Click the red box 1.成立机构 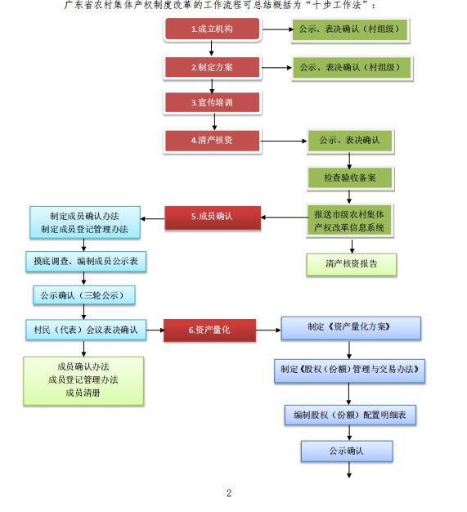pyautogui.click(x=213, y=29)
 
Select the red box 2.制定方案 pyautogui.click(x=213, y=67)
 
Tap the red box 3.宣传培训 pyautogui.click(x=213, y=102)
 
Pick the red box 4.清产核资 pyautogui.click(x=213, y=141)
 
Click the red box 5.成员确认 pyautogui.click(x=213, y=218)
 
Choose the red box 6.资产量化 pyautogui.click(x=209, y=330)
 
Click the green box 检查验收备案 pyautogui.click(x=350, y=178)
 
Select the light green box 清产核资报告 pyautogui.click(x=352, y=264)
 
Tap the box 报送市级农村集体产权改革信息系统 pyautogui.click(x=350, y=220)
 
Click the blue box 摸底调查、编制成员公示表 pyautogui.click(x=86, y=261)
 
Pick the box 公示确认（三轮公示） pyautogui.click(x=84, y=295)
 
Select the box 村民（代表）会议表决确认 pyautogui.click(x=86, y=330)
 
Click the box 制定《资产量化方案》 pyautogui.click(x=351, y=328)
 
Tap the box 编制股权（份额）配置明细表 pyautogui.click(x=350, y=415)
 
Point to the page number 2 pyautogui.click(x=229, y=492)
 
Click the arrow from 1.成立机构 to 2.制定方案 pyautogui.click(x=212, y=48)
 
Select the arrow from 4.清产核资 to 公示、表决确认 pyautogui.click(x=284, y=141)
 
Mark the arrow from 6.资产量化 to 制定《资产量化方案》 pyautogui.click(x=268, y=330)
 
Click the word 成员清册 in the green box pyautogui.click(x=83, y=393)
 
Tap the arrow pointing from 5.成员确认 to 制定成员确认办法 pyautogui.click(x=152, y=218)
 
